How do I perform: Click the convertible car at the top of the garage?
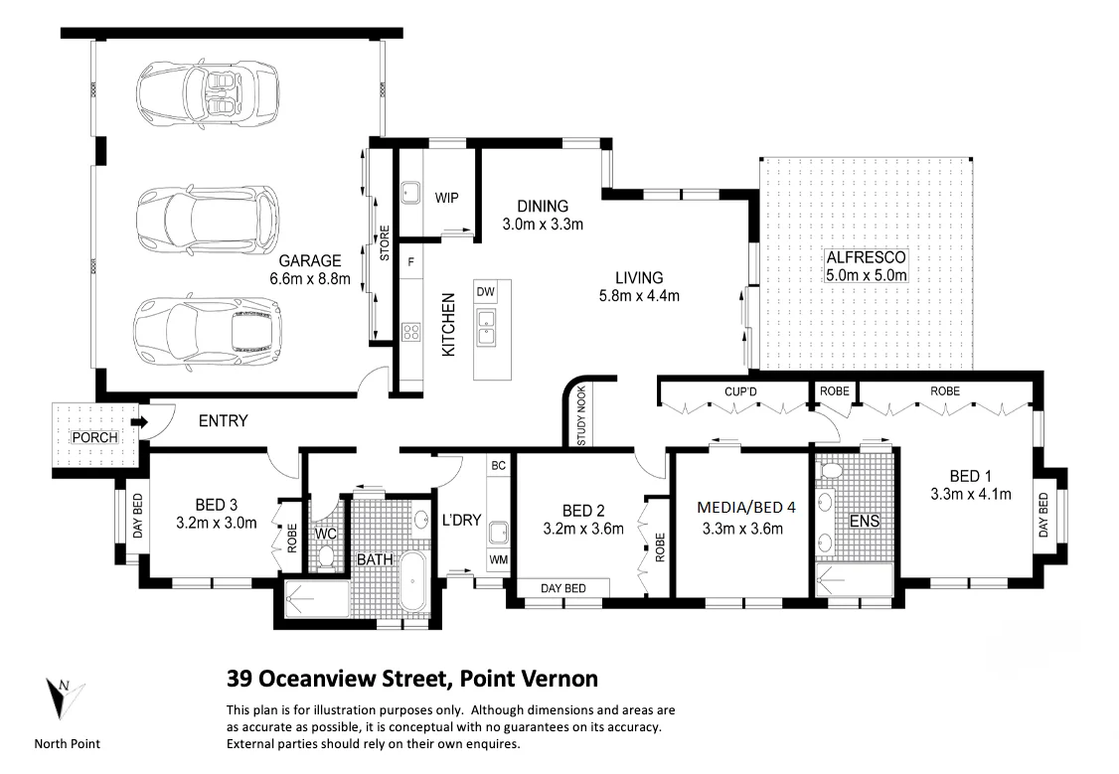point(207,94)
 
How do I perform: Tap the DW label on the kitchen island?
point(485,291)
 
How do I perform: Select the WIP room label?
point(447,198)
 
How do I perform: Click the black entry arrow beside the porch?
point(139,422)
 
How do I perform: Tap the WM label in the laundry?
point(499,560)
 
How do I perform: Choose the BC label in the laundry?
point(498,465)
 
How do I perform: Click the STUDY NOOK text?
point(581,416)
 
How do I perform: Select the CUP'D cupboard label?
point(740,391)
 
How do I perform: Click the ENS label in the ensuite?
point(865,522)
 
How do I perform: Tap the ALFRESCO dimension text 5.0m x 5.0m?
point(867,274)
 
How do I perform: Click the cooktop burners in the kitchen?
point(411,332)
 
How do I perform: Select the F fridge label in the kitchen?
point(411,262)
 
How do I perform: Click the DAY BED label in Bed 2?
point(563,588)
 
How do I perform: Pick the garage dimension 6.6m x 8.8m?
point(310,278)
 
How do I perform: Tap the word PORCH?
point(95,437)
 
